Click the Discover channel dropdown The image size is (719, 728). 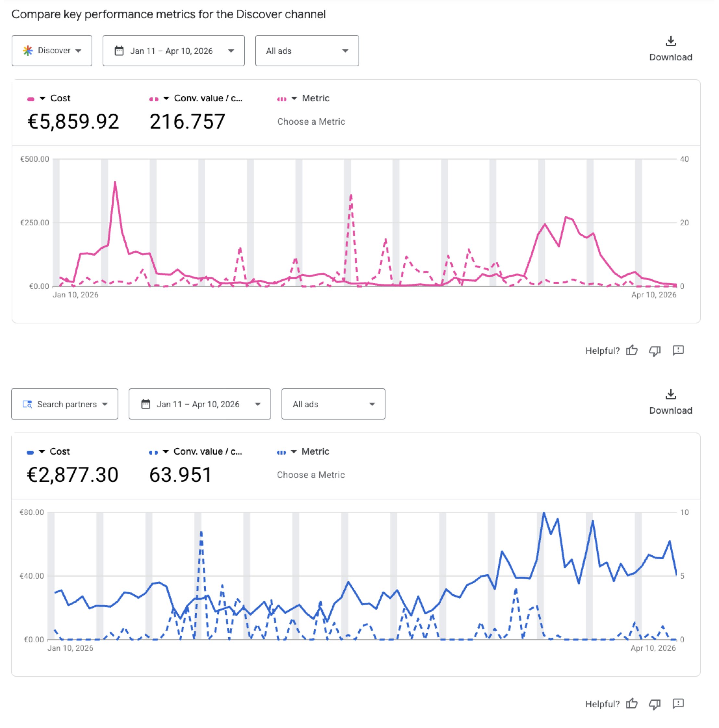click(52, 51)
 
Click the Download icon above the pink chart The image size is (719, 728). click(670, 41)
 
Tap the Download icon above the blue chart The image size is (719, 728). click(670, 395)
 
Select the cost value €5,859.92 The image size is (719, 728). click(73, 121)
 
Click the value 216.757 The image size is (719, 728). click(187, 121)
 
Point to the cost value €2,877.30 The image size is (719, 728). click(72, 474)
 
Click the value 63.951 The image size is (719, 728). click(180, 474)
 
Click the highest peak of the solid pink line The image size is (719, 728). click(115, 183)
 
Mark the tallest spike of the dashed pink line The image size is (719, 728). click(351, 195)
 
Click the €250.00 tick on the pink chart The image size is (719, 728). click(35, 223)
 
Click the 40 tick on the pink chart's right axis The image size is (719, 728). click(684, 159)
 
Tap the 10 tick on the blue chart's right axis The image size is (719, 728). click(684, 512)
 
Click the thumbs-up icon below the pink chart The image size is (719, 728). click(632, 350)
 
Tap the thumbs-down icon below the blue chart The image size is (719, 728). click(655, 704)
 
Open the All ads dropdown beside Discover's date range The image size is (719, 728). click(307, 51)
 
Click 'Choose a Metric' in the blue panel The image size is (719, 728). click(310, 475)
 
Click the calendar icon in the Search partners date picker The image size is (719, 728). click(145, 404)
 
